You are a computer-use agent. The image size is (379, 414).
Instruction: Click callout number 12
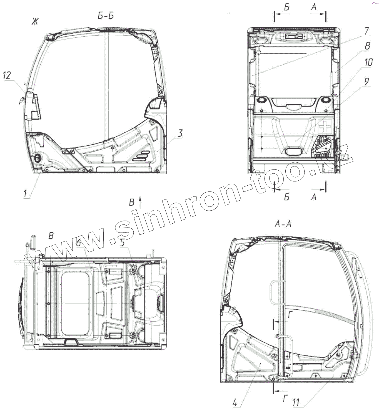coord(7,75)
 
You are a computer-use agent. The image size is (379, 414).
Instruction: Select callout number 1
coord(25,194)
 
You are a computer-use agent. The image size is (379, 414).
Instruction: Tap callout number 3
coord(180,133)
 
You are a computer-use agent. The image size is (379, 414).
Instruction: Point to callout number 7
coord(366,31)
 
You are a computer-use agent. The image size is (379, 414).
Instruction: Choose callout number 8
coord(367,46)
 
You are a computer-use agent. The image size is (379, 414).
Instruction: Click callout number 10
coord(368,62)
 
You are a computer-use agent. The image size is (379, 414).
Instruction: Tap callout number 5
coord(123,243)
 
